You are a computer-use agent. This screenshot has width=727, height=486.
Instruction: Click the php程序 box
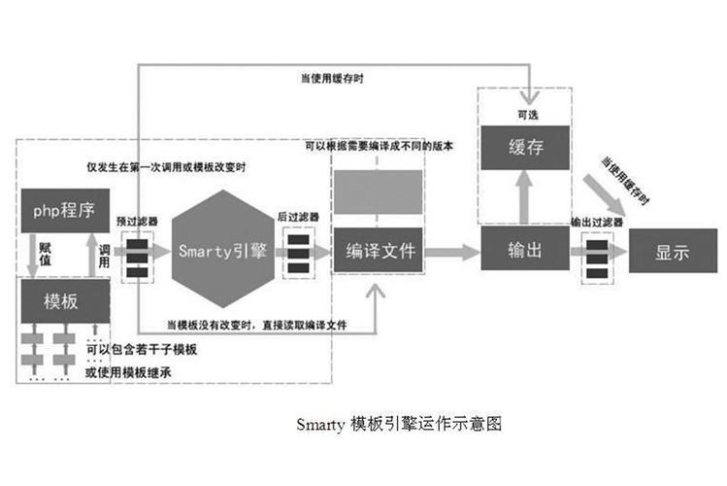click(x=64, y=209)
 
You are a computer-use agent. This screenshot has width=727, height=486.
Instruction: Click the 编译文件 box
click(x=380, y=251)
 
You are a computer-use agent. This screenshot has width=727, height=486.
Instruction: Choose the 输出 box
click(x=524, y=250)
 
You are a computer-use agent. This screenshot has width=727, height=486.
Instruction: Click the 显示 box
click(x=672, y=252)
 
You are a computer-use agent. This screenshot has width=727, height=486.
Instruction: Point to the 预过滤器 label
click(x=133, y=221)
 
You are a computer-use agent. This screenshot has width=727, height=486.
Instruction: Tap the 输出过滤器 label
click(x=597, y=223)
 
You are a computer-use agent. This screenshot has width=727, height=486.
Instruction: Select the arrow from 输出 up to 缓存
click(x=524, y=199)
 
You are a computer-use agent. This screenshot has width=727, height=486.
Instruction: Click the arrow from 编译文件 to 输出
click(x=451, y=252)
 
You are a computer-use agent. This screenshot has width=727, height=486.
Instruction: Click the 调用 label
click(x=105, y=256)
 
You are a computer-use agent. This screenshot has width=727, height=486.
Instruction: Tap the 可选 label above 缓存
click(x=524, y=116)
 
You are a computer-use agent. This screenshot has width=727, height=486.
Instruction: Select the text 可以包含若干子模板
click(x=141, y=349)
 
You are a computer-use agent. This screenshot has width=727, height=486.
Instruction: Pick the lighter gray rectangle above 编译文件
click(x=379, y=191)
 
